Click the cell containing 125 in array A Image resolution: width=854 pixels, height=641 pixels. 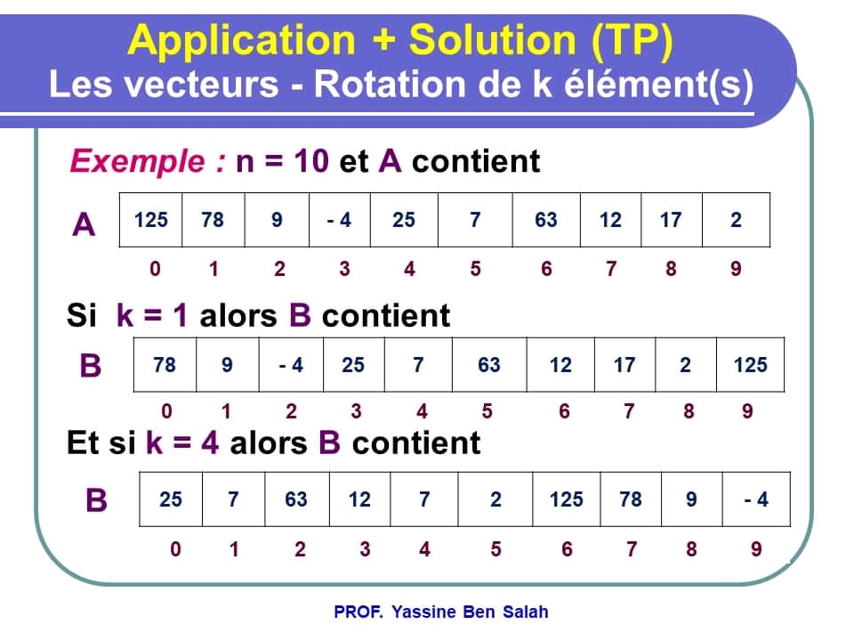(150, 220)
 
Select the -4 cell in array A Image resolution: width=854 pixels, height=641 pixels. (338, 220)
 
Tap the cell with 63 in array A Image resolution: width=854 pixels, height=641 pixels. (545, 220)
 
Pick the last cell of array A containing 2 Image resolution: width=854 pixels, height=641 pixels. (736, 220)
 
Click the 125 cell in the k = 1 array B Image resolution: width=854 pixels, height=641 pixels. (750, 365)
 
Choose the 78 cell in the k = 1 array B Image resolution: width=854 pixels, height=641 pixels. (165, 365)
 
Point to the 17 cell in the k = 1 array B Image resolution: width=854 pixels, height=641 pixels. (624, 365)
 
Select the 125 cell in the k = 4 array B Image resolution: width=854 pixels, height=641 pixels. (566, 499)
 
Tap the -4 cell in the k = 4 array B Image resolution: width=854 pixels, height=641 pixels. (756, 499)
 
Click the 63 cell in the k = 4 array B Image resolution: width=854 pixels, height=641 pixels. (296, 499)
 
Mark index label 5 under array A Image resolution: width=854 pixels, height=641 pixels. (475, 269)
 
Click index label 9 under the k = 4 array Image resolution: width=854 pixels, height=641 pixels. (756, 549)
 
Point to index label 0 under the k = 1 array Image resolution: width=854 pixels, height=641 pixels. (165, 411)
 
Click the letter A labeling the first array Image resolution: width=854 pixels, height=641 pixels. (84, 225)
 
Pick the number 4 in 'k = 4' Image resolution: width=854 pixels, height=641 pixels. (210, 442)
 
